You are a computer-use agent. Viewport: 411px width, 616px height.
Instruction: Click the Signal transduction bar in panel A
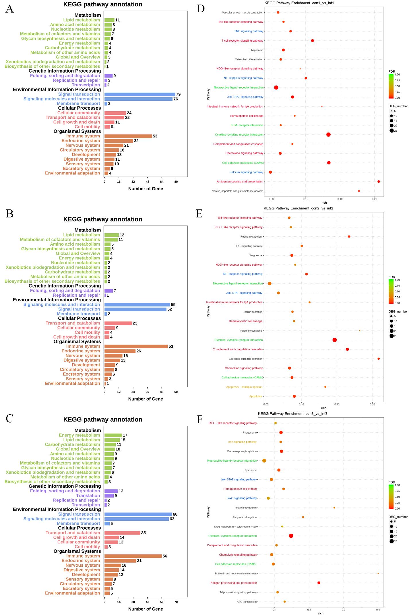tap(139, 94)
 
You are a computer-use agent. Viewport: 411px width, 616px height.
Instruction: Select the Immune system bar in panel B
tap(136, 346)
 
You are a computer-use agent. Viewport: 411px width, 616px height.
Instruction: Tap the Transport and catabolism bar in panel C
tap(122, 533)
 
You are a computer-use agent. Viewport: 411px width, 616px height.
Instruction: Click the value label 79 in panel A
tap(178, 94)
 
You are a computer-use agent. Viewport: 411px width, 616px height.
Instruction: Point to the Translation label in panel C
tap(88, 495)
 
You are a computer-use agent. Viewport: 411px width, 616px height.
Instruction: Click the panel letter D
tap(200, 9)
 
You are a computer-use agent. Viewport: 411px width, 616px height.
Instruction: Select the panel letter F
tap(200, 419)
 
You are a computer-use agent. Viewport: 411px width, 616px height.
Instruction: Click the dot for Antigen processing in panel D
tap(379, 182)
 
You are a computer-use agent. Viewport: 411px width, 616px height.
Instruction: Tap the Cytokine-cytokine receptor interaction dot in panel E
tap(334, 340)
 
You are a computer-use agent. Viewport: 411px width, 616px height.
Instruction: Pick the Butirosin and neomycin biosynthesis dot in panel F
tap(378, 574)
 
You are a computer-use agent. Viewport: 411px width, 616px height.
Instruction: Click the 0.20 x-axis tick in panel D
tap(374, 199)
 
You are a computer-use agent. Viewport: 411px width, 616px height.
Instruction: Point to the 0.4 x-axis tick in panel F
tap(378, 609)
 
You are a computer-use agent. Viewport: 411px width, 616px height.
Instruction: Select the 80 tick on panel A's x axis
tap(176, 182)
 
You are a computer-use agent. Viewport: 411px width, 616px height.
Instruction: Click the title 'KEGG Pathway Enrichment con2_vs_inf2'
tap(298, 208)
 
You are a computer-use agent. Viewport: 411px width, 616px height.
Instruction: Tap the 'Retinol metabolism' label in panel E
tap(251, 237)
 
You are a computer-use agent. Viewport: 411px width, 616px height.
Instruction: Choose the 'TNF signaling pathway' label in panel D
tap(249, 31)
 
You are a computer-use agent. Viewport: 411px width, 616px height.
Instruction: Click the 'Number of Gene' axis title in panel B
tap(146, 399)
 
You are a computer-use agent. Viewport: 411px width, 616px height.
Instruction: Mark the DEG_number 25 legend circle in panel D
tap(391, 131)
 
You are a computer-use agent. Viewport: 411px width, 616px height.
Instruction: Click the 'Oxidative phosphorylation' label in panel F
tap(242, 451)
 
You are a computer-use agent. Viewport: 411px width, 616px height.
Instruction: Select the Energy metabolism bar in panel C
tap(113, 435)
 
